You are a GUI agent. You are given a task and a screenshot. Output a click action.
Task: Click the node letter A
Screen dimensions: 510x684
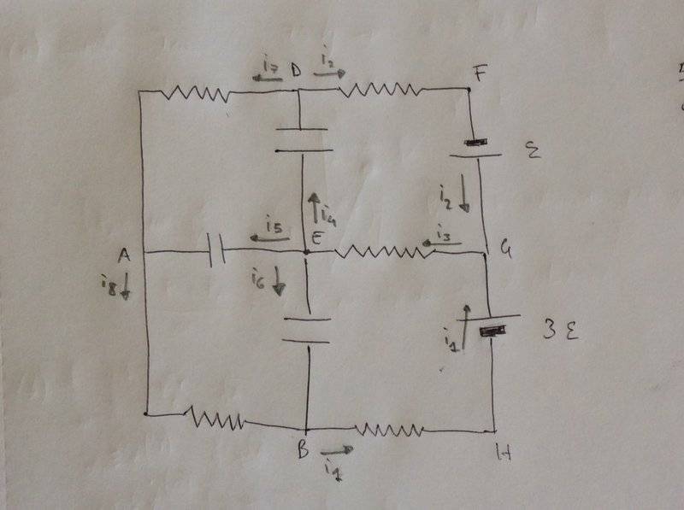(124, 255)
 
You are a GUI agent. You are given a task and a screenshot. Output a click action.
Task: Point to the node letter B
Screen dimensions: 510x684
(302, 453)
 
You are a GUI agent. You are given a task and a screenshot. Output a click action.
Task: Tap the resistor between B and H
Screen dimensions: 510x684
(388, 430)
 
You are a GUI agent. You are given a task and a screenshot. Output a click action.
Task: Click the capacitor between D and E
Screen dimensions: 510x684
(301, 139)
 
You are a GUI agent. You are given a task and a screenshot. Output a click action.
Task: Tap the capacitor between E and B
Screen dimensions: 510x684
(305, 330)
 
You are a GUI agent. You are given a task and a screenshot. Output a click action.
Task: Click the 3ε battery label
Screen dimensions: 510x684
(560, 328)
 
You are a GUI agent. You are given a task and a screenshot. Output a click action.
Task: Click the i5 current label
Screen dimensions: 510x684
(274, 226)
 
